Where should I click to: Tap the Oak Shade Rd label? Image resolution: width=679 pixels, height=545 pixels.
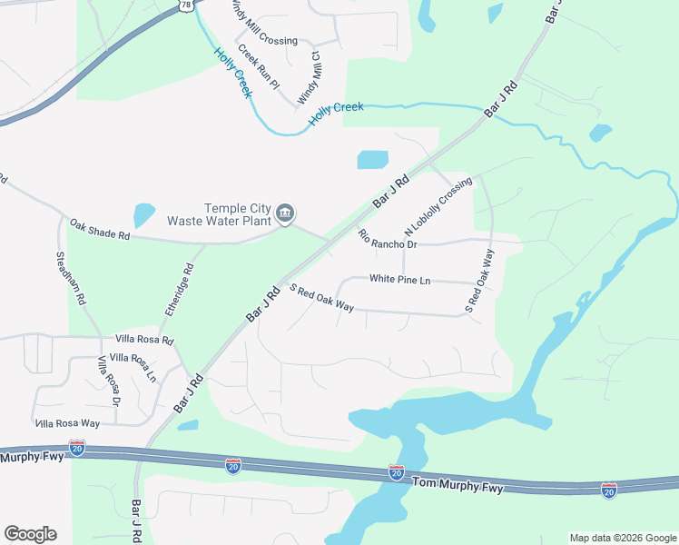[101, 230]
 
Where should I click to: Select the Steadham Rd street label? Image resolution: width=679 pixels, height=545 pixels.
[70, 277]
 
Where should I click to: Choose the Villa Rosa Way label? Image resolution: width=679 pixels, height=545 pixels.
[67, 423]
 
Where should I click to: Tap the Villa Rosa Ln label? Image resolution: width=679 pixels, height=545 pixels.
[133, 366]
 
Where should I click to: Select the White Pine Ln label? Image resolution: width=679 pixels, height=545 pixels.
[399, 280]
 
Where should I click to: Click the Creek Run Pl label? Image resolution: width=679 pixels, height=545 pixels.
[258, 65]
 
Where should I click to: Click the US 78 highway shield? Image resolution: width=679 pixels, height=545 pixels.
[186, 5]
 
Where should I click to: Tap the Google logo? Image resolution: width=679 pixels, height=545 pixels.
[30, 534]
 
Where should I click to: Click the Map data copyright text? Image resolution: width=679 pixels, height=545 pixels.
[623, 538]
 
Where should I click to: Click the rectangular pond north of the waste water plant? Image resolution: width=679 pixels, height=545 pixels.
[372, 160]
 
